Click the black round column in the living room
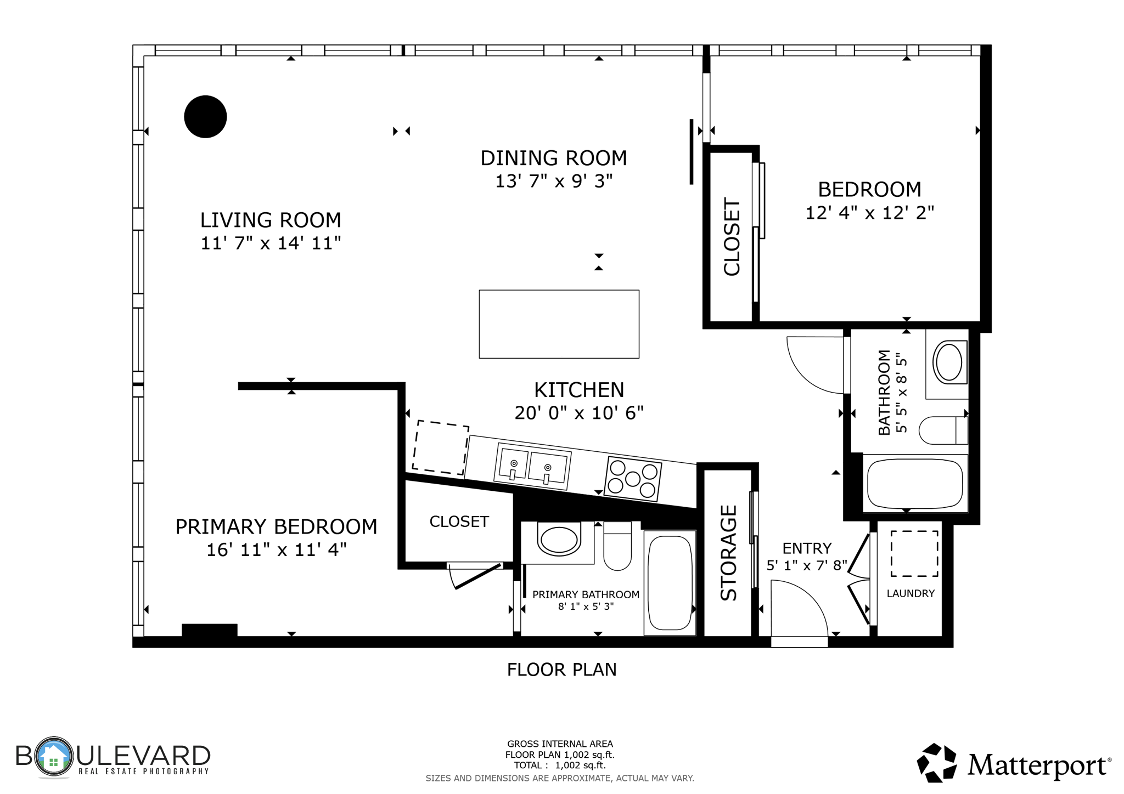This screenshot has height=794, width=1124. click(x=205, y=117)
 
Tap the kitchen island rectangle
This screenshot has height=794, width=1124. click(x=559, y=324)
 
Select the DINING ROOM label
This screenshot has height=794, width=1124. click(x=554, y=158)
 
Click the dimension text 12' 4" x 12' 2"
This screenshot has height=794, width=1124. click(x=869, y=213)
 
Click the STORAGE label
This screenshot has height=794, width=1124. click(x=729, y=553)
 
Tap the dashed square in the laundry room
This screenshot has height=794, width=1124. click(x=914, y=553)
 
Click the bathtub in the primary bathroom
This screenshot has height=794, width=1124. click(x=670, y=582)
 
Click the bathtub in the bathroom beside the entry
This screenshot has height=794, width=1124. click(x=915, y=483)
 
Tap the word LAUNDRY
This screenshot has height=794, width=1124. click(x=911, y=593)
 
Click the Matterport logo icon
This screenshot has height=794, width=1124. click(x=937, y=762)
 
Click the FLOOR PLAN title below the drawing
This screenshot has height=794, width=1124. click(x=561, y=670)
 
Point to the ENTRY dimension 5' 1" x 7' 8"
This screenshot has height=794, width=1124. click(x=807, y=565)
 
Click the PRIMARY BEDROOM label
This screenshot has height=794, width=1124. click(x=276, y=526)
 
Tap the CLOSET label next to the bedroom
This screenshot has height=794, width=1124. click(x=732, y=237)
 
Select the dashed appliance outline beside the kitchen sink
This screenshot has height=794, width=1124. click(x=440, y=447)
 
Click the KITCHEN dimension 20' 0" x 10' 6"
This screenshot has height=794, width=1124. click(x=579, y=412)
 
